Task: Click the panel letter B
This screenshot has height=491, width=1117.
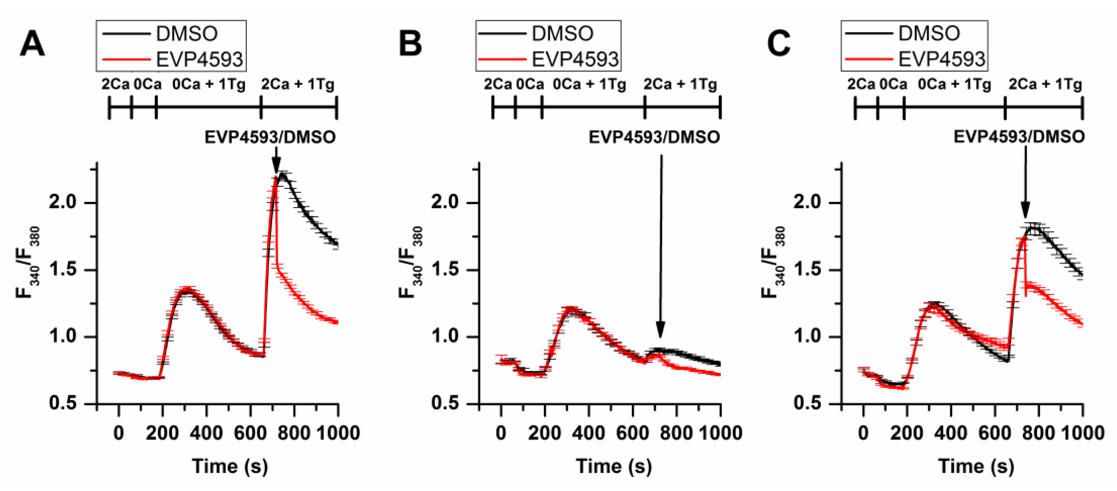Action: click(x=410, y=44)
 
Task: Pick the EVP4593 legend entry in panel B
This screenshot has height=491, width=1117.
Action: click(x=575, y=59)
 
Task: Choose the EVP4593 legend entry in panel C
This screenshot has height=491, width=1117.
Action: click(x=941, y=59)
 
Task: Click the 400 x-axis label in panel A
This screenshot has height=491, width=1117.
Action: click(x=206, y=433)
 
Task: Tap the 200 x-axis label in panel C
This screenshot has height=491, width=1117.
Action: click(x=907, y=433)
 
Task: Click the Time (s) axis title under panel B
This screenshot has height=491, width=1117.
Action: click(x=614, y=466)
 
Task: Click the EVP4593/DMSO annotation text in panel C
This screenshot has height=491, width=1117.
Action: click(x=1019, y=137)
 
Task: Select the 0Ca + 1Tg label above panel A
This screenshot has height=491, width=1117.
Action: click(x=208, y=84)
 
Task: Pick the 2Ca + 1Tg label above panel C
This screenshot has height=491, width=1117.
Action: click(x=1045, y=84)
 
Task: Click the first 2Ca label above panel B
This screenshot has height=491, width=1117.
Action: click(x=498, y=84)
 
